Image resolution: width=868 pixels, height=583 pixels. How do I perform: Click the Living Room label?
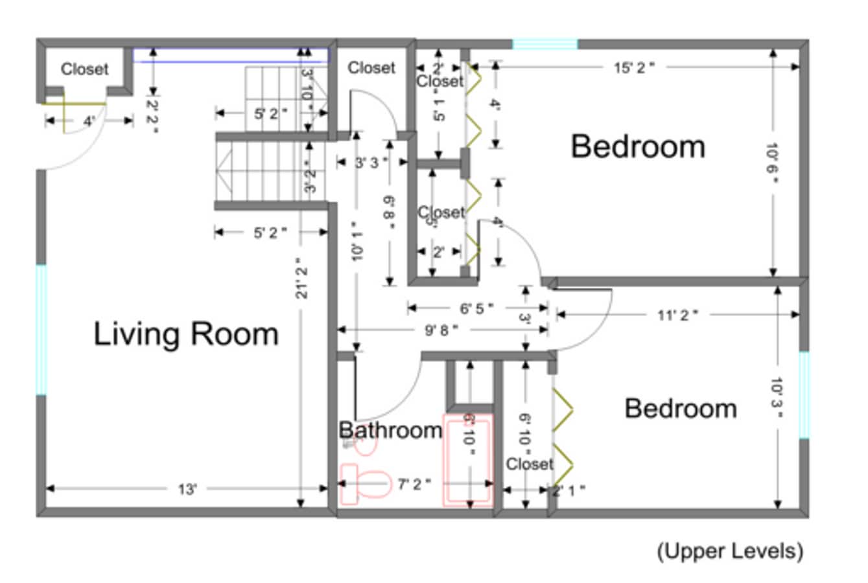coord(186,334)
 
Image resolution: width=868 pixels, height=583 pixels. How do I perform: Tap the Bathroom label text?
coord(390,430)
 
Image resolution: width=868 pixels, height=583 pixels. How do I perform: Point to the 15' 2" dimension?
coord(634,67)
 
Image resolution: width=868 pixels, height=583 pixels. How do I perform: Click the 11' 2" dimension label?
coord(677,315)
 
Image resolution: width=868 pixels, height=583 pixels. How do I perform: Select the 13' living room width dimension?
coord(187,489)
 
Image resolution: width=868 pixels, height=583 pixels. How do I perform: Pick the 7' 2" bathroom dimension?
coord(414,484)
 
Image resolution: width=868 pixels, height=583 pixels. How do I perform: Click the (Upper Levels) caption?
coord(730,551)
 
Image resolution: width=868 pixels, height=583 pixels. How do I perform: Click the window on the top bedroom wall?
coord(545,44)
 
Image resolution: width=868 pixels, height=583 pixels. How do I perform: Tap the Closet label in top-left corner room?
coord(84,69)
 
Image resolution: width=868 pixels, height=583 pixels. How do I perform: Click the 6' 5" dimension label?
coord(476,308)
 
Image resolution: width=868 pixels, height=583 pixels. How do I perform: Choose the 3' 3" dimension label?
coord(371,162)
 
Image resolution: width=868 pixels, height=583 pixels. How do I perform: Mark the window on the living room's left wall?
coord(41,330)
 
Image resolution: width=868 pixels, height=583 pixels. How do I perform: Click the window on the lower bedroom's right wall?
coord(804,394)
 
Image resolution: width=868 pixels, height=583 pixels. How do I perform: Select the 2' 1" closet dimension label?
coord(569,490)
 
